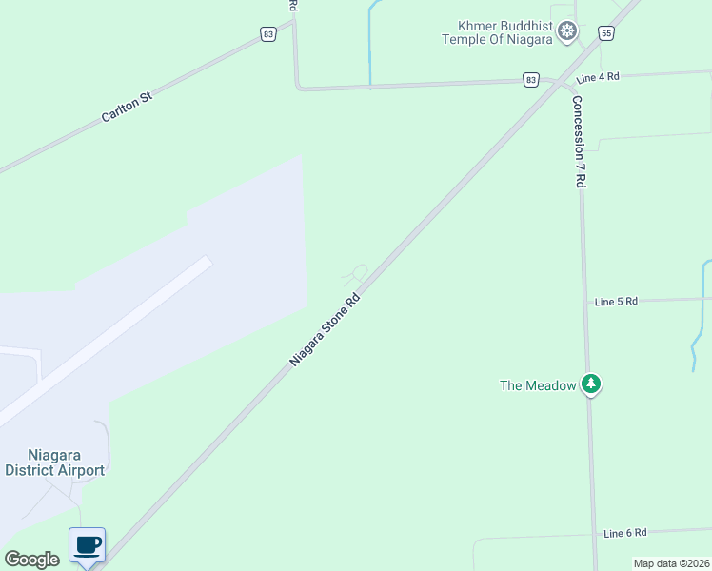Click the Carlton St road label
tap(127, 106)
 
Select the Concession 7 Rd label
tap(579, 141)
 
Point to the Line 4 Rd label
tap(598, 76)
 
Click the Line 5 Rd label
tap(615, 301)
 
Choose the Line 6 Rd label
tap(624, 533)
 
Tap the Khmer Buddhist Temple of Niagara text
tap(498, 32)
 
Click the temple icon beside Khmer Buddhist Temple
tap(567, 32)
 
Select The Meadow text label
tap(538, 385)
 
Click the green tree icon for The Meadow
tap(592, 384)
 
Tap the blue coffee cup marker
tap(87, 546)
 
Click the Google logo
tap(31, 560)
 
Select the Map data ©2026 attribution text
tap(671, 563)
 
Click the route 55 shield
tap(606, 33)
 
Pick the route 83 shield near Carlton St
tap(268, 34)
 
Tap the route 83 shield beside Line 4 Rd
tap(530, 80)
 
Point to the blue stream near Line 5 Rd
tap(701, 314)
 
